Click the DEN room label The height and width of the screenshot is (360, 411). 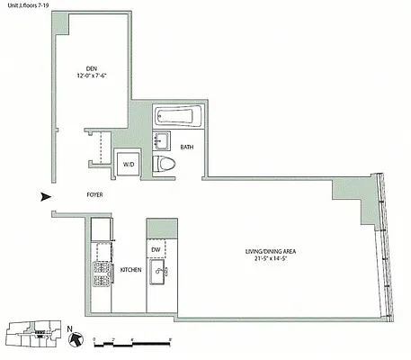[92, 68]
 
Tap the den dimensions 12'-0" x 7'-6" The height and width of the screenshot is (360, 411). [92, 76]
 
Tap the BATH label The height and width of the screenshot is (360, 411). [187, 147]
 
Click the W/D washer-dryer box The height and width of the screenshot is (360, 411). [129, 165]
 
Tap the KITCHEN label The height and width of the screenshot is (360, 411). [131, 269]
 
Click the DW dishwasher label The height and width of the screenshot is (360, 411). [156, 249]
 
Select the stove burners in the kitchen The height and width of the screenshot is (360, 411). [101, 271]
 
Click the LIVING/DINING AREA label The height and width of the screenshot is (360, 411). [274, 252]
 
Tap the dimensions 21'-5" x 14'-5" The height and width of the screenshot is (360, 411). [274, 261]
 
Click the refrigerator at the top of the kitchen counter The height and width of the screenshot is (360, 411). [101, 229]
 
